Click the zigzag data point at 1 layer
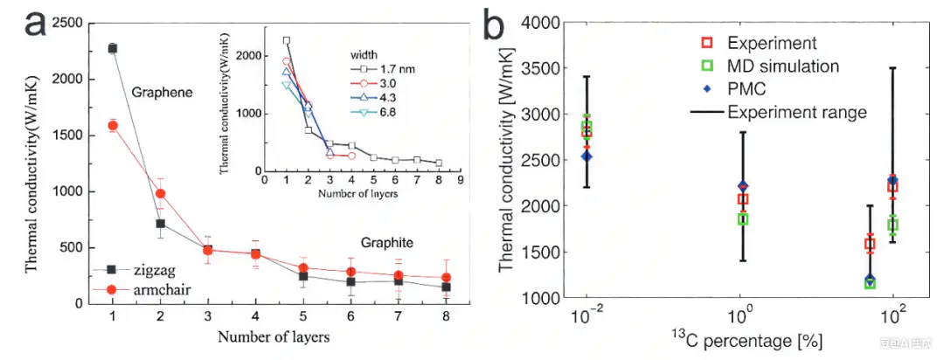(x=113, y=48)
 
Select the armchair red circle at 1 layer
(x=113, y=126)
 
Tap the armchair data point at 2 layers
(x=160, y=193)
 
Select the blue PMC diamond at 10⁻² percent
(x=587, y=156)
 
